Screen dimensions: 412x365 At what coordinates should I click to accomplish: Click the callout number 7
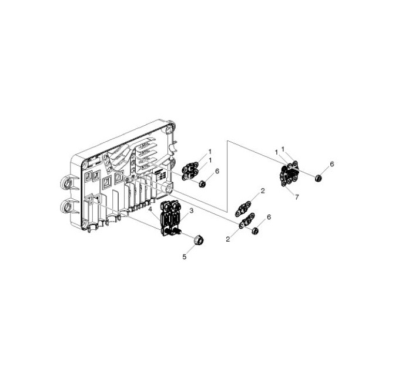click(x=297, y=197)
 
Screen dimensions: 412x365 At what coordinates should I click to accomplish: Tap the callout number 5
click(x=185, y=257)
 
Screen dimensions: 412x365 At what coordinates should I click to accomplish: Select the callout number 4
click(x=150, y=209)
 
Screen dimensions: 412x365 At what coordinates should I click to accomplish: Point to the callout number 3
click(x=192, y=211)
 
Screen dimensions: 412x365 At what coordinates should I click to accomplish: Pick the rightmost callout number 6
click(x=332, y=164)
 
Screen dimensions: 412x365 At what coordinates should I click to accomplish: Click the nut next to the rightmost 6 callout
click(x=319, y=178)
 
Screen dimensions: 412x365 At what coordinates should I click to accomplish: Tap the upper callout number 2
click(x=263, y=191)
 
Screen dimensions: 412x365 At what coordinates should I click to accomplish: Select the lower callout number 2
click(x=228, y=239)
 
